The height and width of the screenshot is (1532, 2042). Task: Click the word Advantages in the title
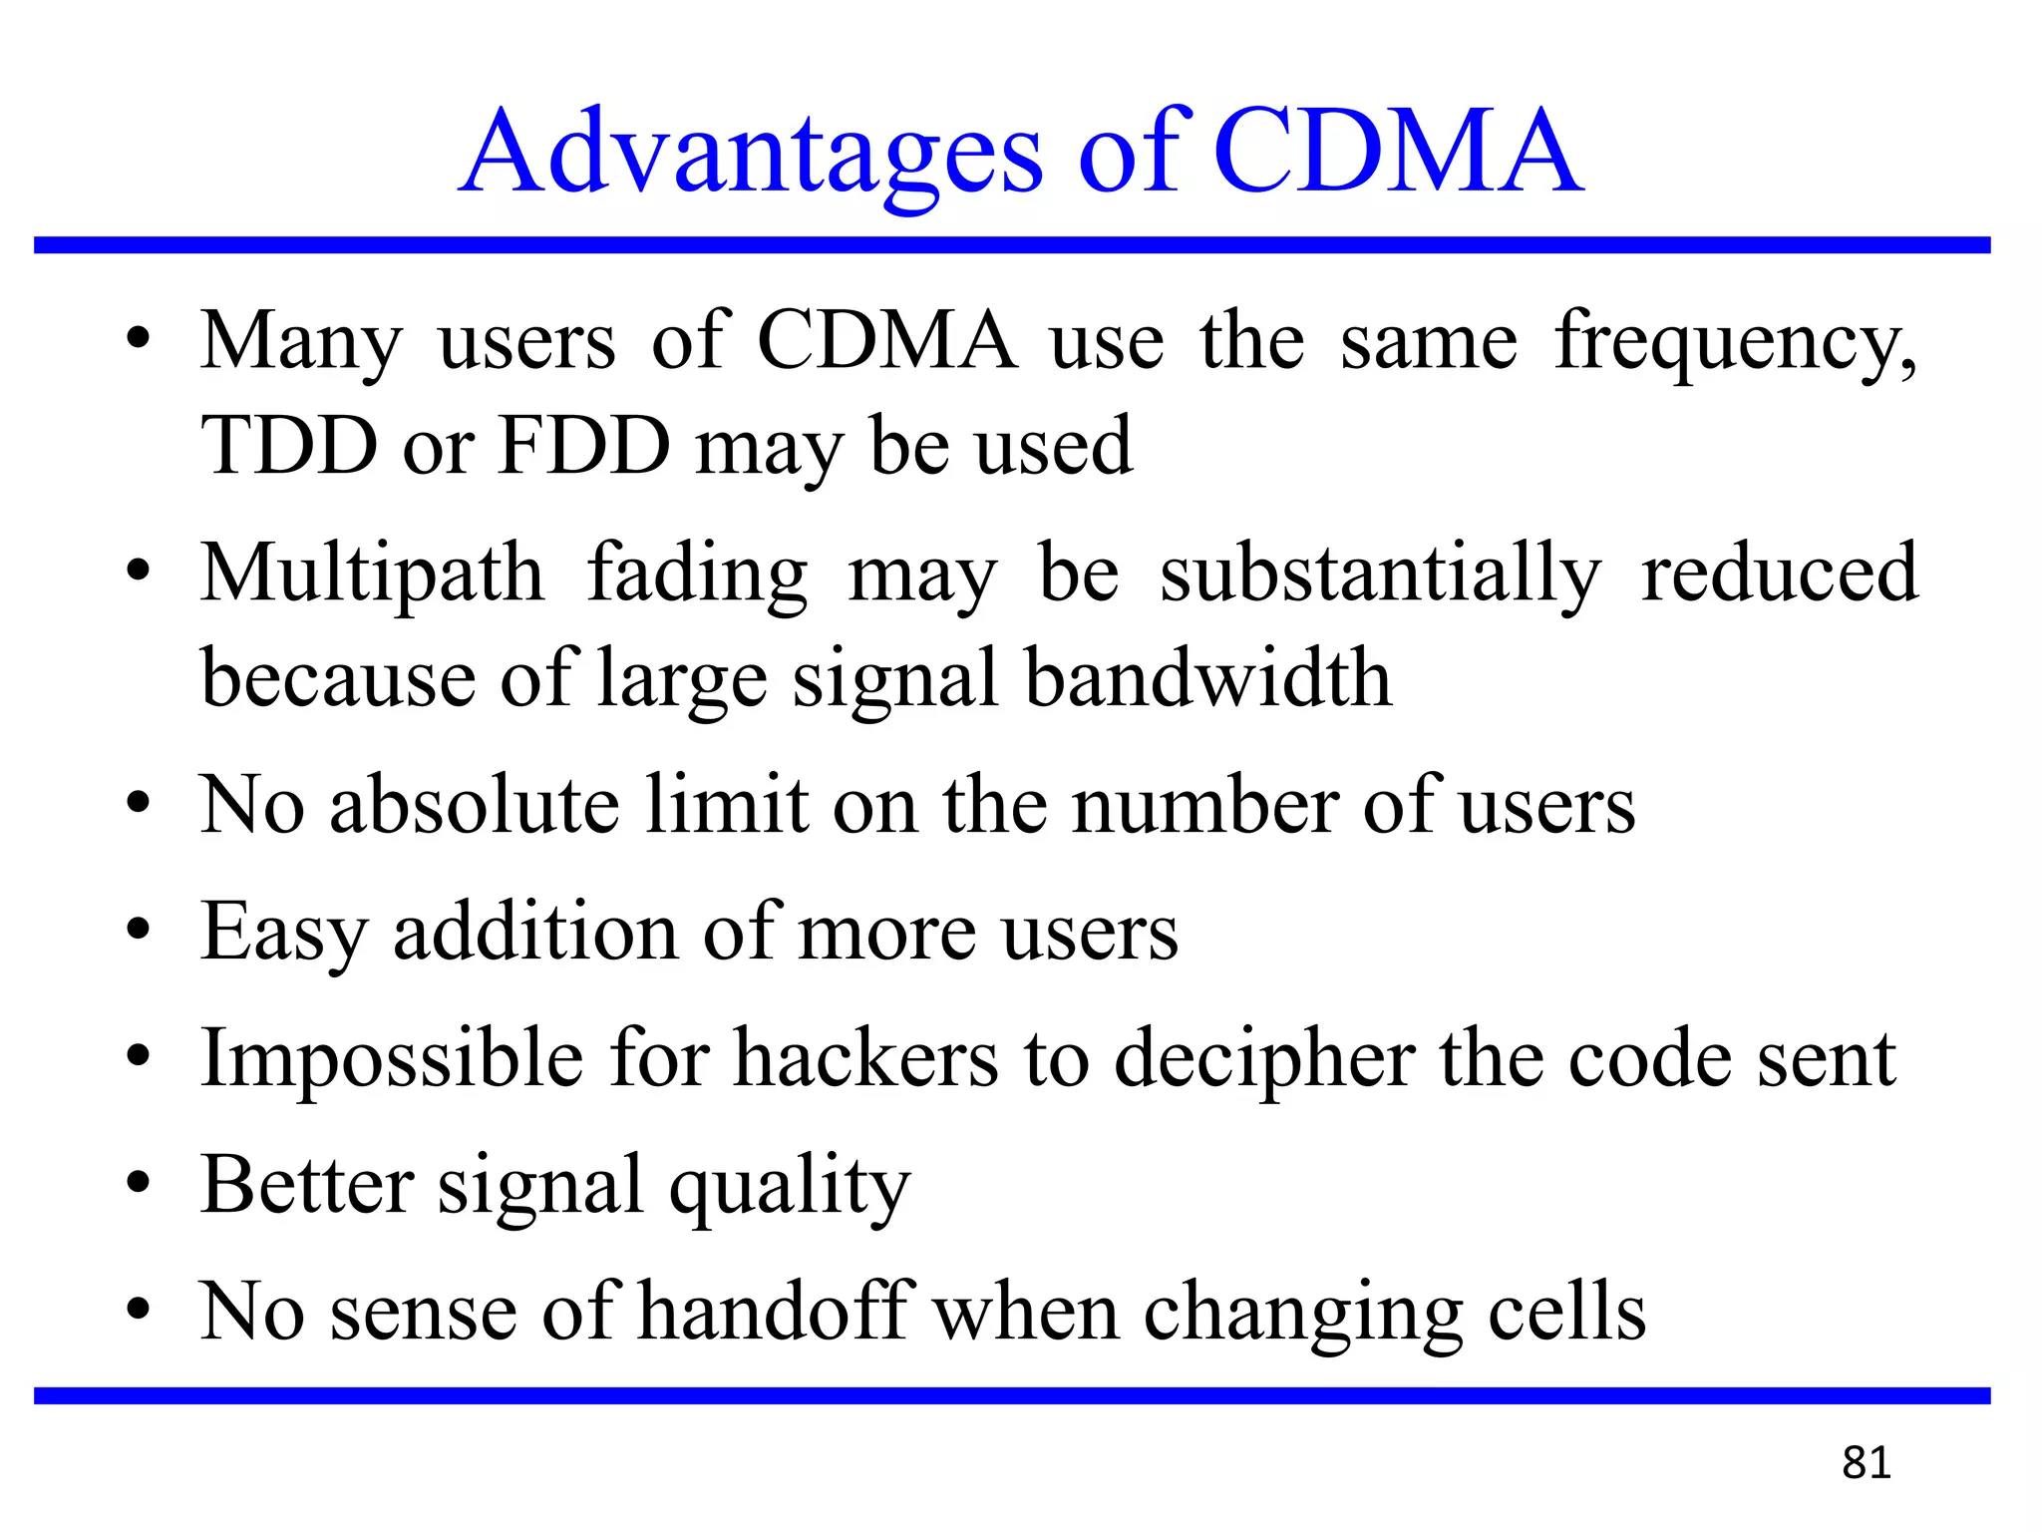[753, 155]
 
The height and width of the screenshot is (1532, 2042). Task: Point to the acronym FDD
[584, 446]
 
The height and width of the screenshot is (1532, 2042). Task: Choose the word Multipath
[373, 576]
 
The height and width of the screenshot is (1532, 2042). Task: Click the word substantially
[1381, 576]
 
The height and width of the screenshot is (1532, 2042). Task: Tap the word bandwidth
[1208, 678]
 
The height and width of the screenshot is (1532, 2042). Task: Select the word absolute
[475, 806]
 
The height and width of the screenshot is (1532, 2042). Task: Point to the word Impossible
[392, 1059]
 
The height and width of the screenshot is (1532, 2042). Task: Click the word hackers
[866, 1059]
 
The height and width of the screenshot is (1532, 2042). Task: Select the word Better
[307, 1185]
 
